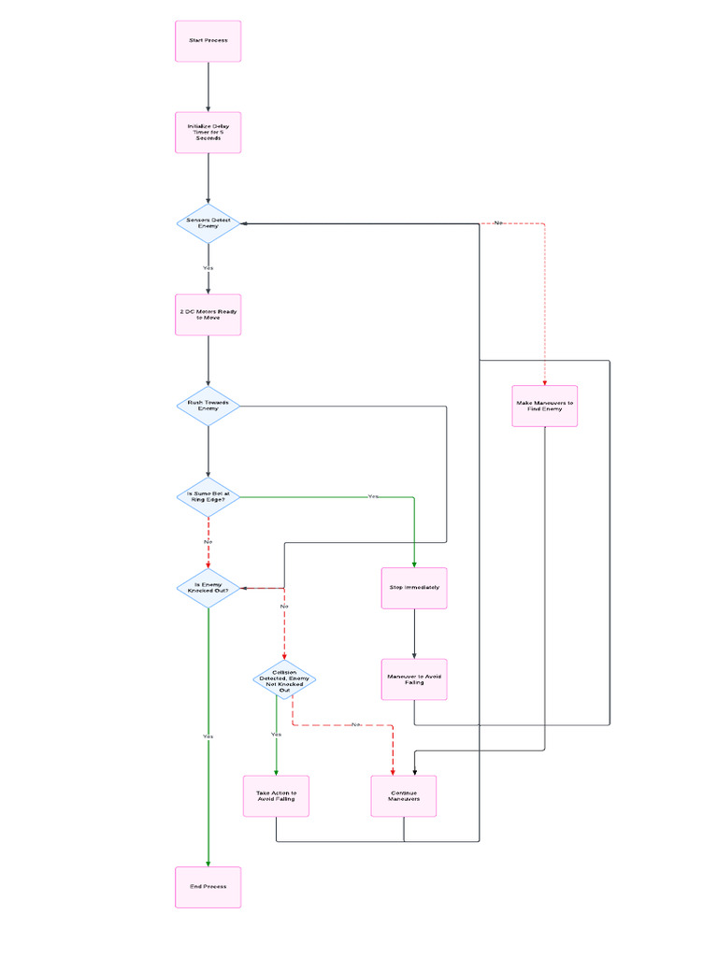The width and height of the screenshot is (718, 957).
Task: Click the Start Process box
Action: (x=208, y=41)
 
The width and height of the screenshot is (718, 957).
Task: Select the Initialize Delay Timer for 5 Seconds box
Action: (x=208, y=132)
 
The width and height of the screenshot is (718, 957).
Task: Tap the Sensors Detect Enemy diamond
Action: (x=208, y=222)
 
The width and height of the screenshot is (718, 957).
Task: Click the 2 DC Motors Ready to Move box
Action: (x=208, y=314)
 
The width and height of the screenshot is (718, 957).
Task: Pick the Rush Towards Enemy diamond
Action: (x=208, y=406)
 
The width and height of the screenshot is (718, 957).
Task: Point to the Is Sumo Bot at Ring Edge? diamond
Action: (x=208, y=496)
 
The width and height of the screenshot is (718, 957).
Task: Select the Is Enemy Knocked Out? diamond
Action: (x=208, y=588)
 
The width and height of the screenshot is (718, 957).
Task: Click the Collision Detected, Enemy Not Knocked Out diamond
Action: (x=284, y=679)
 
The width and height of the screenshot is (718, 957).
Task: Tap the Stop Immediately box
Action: (x=414, y=588)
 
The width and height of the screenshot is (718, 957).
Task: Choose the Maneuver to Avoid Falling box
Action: (x=414, y=679)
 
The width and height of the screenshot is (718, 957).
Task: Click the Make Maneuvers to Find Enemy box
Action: (x=545, y=406)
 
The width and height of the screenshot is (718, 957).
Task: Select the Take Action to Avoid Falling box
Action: (x=276, y=796)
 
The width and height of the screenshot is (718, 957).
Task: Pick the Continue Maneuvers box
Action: (x=404, y=796)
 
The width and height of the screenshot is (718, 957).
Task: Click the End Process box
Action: (x=208, y=887)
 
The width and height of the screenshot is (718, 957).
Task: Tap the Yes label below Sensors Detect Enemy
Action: (x=208, y=268)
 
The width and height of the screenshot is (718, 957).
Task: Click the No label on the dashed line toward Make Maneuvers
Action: (x=498, y=222)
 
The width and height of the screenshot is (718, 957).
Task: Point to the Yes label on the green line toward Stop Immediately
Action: (x=373, y=496)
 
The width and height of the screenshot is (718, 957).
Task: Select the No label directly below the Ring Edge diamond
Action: (x=208, y=542)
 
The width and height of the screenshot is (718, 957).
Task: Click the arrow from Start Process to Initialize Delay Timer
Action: (x=208, y=87)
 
